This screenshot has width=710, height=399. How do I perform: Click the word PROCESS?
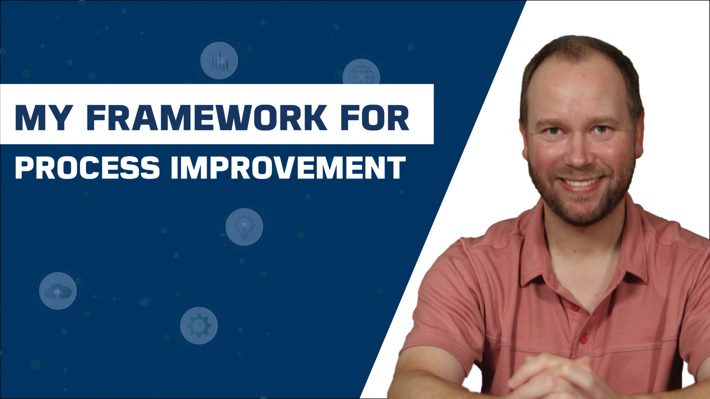coord(87,168)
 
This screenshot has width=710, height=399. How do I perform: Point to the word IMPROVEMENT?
coord(288,168)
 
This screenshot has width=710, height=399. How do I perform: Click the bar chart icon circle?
coord(219,61)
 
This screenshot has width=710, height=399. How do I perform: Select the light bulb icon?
coord(244,227)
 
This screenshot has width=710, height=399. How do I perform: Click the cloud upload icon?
coord(58,291)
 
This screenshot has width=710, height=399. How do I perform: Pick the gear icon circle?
coord(199,325)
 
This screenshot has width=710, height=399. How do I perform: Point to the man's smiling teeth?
coord(581,182)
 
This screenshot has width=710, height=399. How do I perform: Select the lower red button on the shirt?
coord(584,339)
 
